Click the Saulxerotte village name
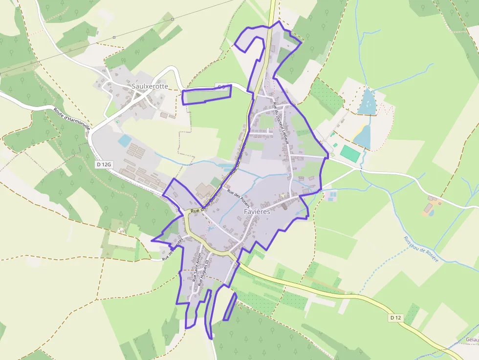point(150,86)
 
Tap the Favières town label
point(257,212)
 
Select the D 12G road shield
point(102,165)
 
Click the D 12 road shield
point(395,318)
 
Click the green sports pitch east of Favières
point(349,151)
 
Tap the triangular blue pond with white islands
point(367,102)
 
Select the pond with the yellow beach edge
point(362,136)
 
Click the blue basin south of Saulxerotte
point(124,141)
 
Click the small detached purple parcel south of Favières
point(230,306)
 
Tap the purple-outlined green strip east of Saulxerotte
point(206,95)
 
